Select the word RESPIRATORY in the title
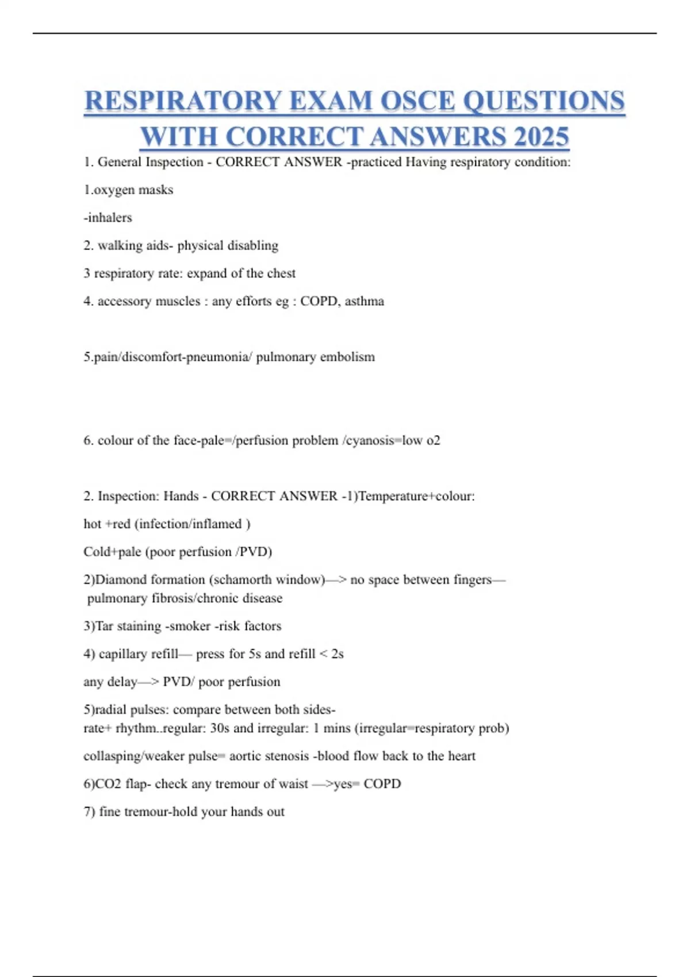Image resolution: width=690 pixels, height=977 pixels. click(x=182, y=101)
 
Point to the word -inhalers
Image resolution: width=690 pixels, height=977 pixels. click(x=108, y=217)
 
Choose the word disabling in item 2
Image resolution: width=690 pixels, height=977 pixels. click(x=253, y=245)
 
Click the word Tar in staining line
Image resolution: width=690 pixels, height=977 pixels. click(x=104, y=626)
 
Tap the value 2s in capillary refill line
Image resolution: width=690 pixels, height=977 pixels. click(x=338, y=654)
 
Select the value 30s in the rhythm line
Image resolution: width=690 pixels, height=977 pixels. click(x=220, y=728)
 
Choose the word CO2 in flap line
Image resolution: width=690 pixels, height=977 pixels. click(x=108, y=784)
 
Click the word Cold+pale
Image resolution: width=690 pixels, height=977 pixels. click(x=112, y=552)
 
